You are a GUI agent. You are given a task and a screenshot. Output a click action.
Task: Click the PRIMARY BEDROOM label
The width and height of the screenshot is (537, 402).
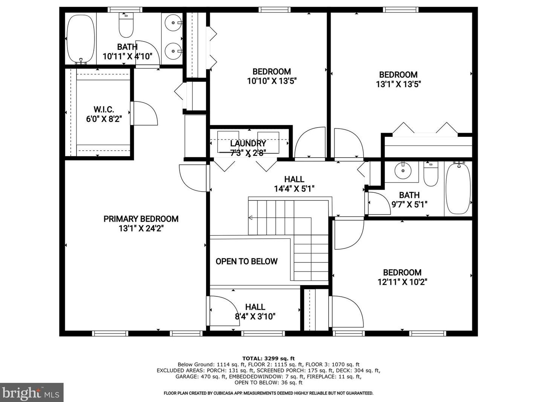pos(141,219)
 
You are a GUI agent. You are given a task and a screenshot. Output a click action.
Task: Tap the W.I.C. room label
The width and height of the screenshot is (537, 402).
pos(104,109)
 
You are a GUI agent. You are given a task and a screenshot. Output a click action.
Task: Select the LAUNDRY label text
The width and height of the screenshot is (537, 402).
pos(248,143)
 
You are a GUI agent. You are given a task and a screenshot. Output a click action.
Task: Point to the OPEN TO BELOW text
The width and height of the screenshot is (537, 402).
pos(246,261)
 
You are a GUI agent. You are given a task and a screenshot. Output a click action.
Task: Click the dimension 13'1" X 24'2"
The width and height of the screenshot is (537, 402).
pos(141,229)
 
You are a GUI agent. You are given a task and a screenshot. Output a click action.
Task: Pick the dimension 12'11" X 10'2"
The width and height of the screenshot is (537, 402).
pos(402,282)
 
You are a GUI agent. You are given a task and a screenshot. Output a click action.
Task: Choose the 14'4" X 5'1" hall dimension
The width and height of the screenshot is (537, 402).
pos(294,189)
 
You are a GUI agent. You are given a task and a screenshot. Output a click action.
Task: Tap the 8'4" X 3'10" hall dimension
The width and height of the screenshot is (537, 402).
pos(255,316)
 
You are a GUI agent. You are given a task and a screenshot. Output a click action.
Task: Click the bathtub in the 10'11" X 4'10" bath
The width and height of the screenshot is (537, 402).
pos(81,39)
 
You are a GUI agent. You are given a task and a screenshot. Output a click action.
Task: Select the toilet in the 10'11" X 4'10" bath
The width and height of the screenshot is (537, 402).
pos(126,25)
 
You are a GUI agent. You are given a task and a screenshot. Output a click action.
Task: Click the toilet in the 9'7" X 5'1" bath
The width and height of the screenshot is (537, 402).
pos(430,174)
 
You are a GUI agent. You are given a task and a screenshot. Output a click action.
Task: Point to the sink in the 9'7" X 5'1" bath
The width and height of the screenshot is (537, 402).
pos(403,170)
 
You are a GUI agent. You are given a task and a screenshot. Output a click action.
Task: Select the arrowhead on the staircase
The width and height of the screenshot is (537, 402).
pos(250,217)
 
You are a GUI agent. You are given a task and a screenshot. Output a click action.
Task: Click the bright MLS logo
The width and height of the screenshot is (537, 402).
pos(32,393)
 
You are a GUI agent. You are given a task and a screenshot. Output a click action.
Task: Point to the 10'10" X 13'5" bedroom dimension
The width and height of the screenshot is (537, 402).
pos(272,81)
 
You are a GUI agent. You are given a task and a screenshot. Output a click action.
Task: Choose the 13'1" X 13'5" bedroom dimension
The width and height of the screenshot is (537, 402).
pos(398,84)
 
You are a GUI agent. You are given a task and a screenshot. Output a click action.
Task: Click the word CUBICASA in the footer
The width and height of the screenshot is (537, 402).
pos(224,393)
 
